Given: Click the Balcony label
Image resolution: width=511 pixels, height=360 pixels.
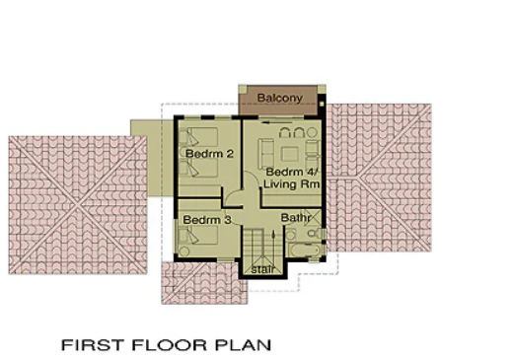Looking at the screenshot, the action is (x=279, y=98).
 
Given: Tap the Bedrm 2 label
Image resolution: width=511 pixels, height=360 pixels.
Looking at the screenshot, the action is (x=209, y=154).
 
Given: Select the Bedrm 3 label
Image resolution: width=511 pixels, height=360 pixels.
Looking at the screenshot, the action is (x=207, y=220).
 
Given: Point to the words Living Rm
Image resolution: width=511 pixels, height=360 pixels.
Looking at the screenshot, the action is (x=292, y=184).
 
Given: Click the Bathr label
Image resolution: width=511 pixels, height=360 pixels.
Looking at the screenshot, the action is (x=296, y=218).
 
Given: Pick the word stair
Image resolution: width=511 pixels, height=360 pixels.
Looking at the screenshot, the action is (x=262, y=269).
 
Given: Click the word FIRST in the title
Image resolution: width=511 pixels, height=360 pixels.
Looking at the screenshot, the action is (x=93, y=345).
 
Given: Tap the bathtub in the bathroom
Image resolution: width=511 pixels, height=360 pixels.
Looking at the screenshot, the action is (x=305, y=251).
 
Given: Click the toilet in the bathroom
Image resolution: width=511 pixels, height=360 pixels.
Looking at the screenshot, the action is (x=316, y=234).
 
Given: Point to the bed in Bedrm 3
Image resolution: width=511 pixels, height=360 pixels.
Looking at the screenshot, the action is (x=198, y=235).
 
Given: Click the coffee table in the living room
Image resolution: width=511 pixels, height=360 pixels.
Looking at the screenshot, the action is (x=290, y=154).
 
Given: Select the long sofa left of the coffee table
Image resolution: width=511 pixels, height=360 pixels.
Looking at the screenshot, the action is (x=265, y=154).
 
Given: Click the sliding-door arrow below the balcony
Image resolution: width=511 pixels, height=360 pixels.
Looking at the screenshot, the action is (x=277, y=122).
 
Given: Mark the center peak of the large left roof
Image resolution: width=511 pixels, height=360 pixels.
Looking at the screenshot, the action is (x=78, y=205).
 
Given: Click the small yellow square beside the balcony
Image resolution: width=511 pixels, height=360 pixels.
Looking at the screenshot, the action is (x=322, y=104).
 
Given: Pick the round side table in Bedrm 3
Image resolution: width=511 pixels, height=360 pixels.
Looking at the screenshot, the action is (x=184, y=252).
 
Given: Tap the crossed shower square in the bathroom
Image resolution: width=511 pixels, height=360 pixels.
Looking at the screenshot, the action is (x=312, y=217).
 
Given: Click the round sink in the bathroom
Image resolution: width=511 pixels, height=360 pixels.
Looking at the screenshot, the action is (x=290, y=235).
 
